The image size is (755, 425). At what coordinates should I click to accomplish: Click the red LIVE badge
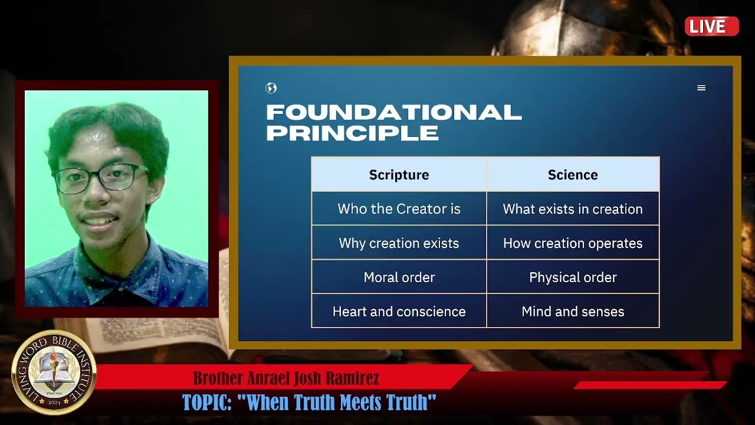(711, 27)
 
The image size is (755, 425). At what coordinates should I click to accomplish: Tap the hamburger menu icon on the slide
(701, 88)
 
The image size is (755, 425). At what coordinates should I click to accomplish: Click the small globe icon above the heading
(271, 89)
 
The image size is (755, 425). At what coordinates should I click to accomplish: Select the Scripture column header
(399, 175)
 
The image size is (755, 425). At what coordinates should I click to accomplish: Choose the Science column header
(573, 175)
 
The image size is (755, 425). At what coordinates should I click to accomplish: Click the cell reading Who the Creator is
(399, 209)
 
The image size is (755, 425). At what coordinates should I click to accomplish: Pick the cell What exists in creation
(573, 209)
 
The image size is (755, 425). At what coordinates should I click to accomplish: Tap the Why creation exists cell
(399, 243)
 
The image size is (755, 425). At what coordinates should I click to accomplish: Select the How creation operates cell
(573, 243)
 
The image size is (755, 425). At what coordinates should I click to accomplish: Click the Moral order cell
(399, 277)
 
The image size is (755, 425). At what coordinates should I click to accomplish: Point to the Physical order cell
(573, 277)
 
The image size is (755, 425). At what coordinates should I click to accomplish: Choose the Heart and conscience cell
(399, 312)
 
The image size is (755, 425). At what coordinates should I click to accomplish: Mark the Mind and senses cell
(573, 312)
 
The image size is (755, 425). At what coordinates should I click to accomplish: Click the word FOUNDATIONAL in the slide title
(393, 112)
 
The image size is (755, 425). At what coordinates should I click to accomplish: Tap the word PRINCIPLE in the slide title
(352, 133)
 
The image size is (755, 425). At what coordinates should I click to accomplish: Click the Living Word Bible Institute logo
(54, 372)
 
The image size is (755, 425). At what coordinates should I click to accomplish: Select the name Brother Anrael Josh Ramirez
(286, 378)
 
